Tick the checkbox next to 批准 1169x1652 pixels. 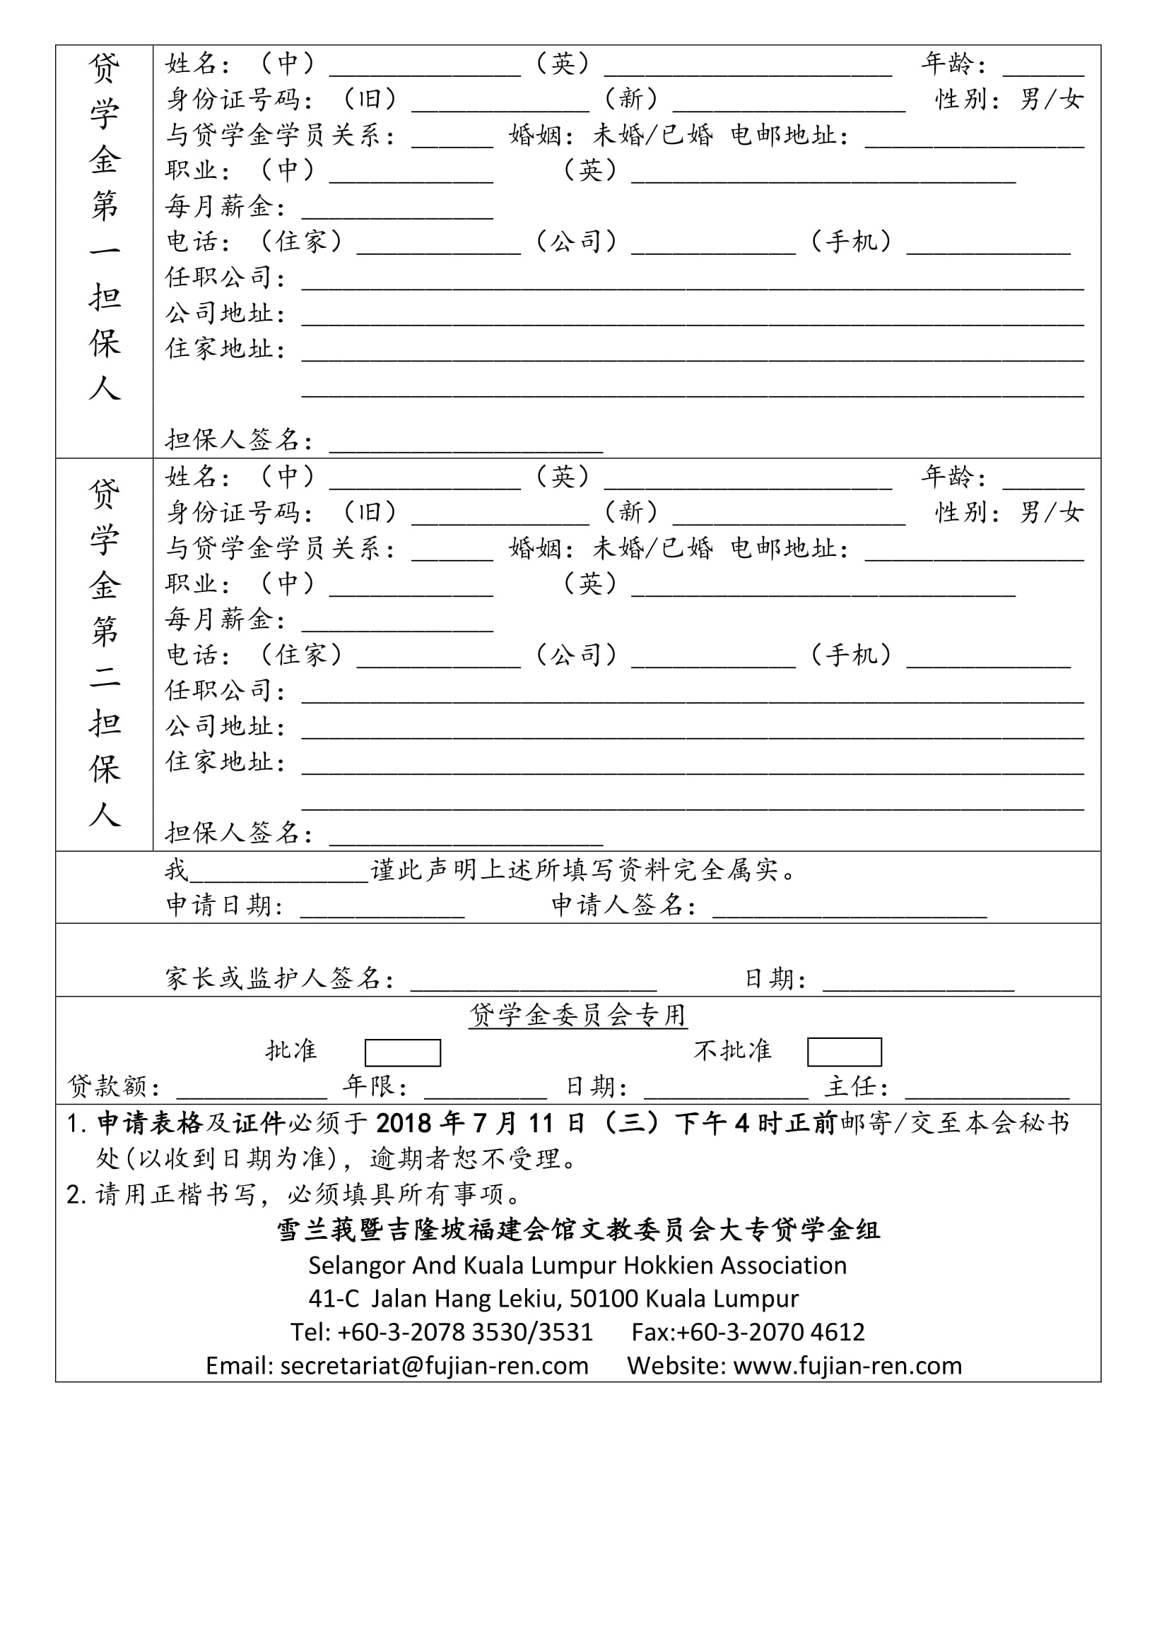point(402,1052)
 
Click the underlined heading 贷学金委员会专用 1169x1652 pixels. point(578,1015)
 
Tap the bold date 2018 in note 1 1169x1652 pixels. point(404,1123)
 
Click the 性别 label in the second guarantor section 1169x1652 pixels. point(961,513)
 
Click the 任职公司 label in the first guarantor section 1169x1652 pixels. point(219,277)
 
